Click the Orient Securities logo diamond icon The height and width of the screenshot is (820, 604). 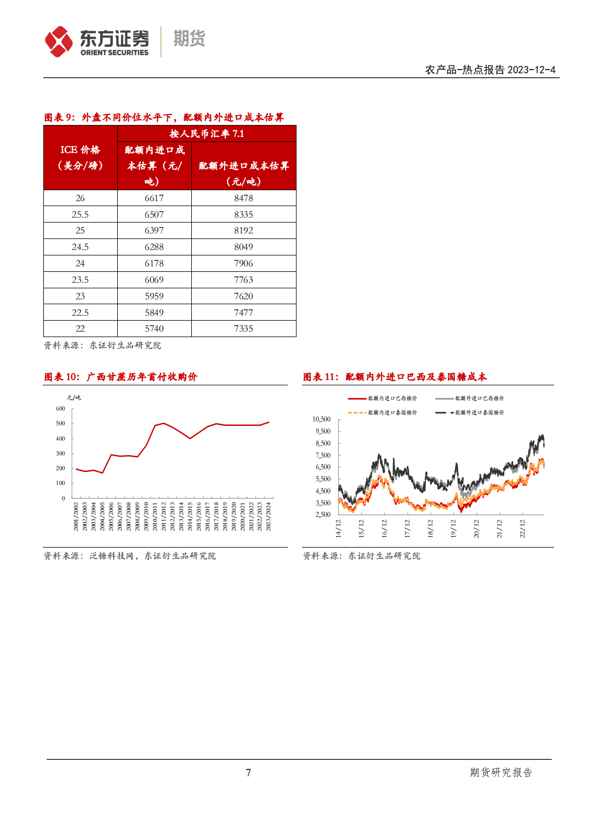pos(59,42)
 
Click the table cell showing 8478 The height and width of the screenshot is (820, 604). pos(243,198)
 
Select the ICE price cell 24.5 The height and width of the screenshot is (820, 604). pos(80,247)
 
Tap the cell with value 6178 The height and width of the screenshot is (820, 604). pos(154,264)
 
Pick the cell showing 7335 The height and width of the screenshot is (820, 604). pos(243,329)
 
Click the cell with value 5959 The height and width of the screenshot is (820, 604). pos(154,297)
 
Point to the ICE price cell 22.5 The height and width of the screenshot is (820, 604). pos(80,313)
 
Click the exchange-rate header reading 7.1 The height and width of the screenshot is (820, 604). pos(207,134)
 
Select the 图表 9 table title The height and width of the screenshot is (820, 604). pos(164,117)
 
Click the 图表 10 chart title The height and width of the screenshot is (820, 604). pos(121,377)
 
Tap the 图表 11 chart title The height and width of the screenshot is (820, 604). pos(395,377)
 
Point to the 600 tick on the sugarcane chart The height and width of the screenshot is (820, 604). pos(60,409)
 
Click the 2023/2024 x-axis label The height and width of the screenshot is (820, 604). pos(268,516)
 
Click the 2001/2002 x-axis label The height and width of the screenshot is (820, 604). pos(76,516)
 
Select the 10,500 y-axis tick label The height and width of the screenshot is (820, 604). pos(322,419)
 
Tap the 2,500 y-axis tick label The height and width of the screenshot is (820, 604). pos(323,515)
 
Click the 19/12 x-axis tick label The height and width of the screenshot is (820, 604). pos(453,528)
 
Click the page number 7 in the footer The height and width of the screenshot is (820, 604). pos(248,773)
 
